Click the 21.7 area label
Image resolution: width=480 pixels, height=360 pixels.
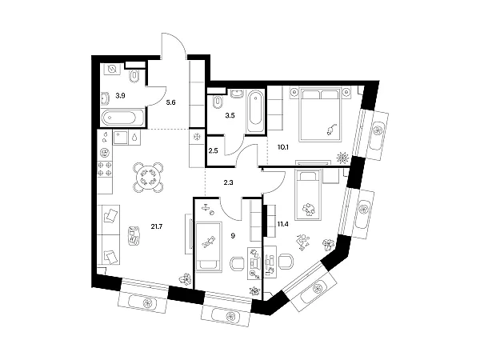[x=157, y=226]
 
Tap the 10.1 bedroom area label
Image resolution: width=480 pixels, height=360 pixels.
[x=283, y=147]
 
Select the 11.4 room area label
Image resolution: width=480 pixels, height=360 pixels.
[x=283, y=224]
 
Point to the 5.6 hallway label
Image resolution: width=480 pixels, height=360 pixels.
[x=170, y=102]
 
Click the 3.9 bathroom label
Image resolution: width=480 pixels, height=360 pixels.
[x=120, y=96]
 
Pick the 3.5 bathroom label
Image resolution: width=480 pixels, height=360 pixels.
[x=230, y=115]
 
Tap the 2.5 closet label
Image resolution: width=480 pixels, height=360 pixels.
[x=213, y=150]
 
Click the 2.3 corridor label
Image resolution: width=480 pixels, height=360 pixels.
[x=228, y=182]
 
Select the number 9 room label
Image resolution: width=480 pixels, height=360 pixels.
[x=233, y=236]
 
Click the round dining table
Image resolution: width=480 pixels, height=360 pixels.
[x=148, y=178]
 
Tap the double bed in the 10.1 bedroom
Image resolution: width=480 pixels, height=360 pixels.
[x=321, y=114]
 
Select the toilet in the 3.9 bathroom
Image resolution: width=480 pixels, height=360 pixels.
[x=134, y=76]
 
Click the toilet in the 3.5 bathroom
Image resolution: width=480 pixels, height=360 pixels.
[x=218, y=102]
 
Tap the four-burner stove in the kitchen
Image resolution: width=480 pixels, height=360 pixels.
[x=105, y=169]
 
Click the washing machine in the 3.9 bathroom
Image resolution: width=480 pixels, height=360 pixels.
[x=112, y=70]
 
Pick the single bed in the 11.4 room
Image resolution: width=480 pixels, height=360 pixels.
[x=308, y=194]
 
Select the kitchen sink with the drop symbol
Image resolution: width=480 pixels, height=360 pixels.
[x=134, y=137]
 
